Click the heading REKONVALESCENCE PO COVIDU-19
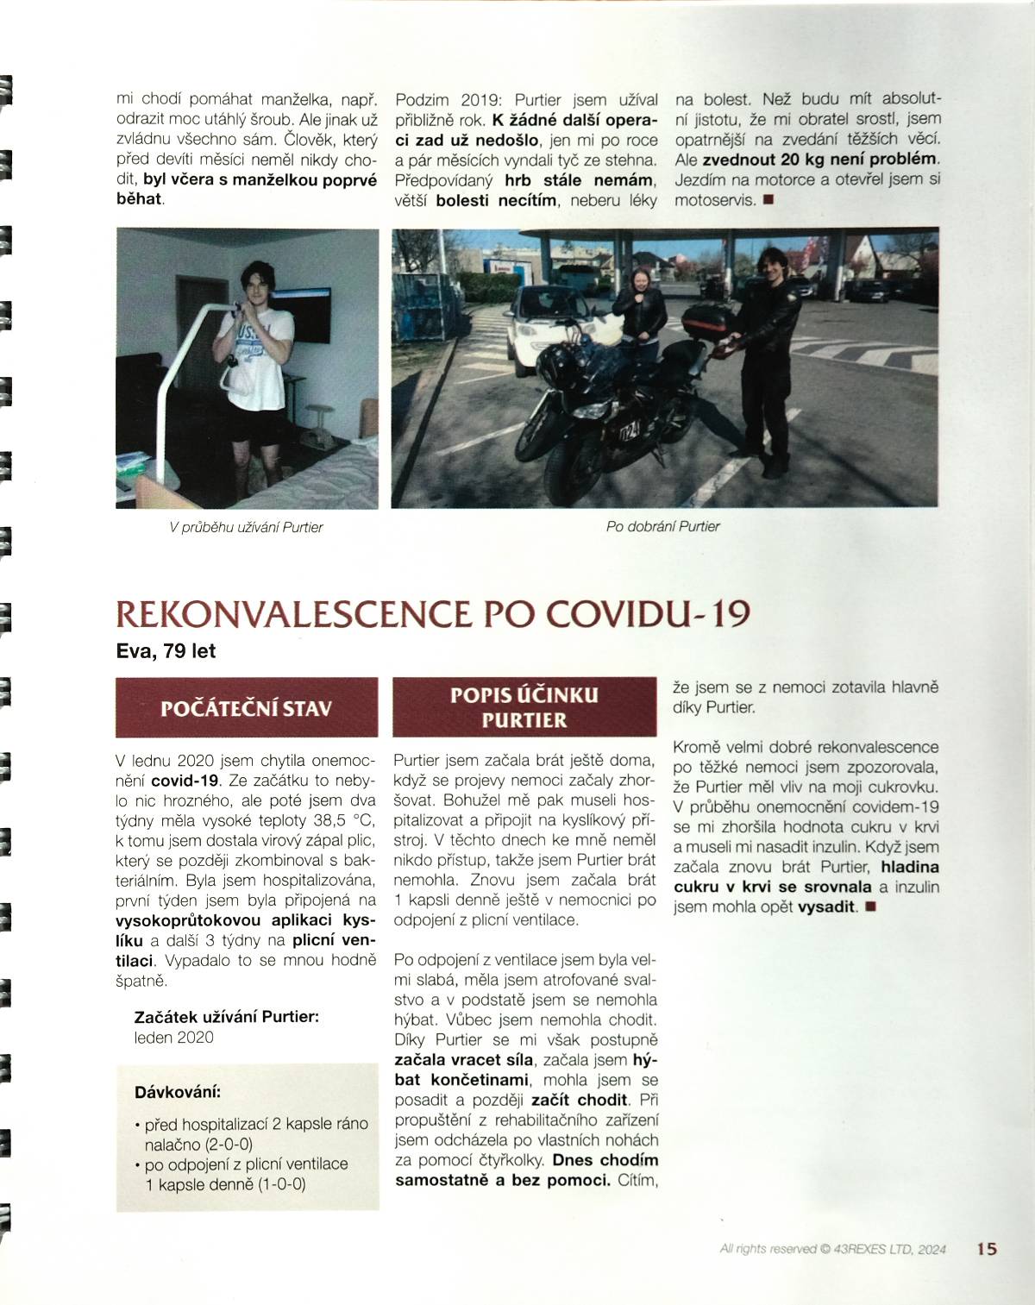pyautogui.click(x=432, y=613)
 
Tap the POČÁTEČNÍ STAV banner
pyautogui.click(x=247, y=708)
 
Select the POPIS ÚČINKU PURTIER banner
pyautogui.click(x=524, y=707)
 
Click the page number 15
pyautogui.click(x=987, y=1248)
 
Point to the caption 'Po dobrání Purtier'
pyautogui.click(x=662, y=526)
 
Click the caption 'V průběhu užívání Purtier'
pyautogui.click(x=247, y=527)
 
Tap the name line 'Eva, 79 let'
pyautogui.click(x=166, y=651)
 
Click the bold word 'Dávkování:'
pyautogui.click(x=178, y=1092)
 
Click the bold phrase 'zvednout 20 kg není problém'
pyautogui.click(x=819, y=160)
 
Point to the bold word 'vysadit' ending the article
pyautogui.click(x=827, y=907)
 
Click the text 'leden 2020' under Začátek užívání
pyautogui.click(x=174, y=1038)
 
